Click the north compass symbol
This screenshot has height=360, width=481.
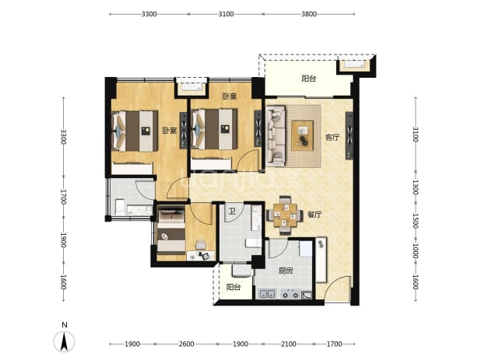tap(64, 337)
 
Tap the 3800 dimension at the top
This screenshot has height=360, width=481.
tap(308, 14)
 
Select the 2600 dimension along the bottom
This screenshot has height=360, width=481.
tap(186, 344)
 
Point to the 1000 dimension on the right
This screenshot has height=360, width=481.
tap(415, 250)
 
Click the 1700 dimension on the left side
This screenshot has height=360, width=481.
tap(63, 197)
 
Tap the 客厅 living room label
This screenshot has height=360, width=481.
tap(332, 138)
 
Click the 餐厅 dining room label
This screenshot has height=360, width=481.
tap(315, 215)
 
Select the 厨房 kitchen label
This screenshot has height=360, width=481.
tap(286, 271)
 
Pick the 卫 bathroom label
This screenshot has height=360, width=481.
tap(232, 211)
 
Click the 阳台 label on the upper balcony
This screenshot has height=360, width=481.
tap(308, 79)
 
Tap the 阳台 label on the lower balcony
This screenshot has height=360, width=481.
tap(233, 287)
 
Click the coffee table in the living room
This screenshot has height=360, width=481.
tap(303, 135)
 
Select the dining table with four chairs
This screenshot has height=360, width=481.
tap(286, 215)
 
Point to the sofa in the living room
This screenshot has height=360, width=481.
tap(276, 136)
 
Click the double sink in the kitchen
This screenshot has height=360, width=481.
tap(268, 294)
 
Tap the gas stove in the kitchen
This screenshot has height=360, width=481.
tap(290, 294)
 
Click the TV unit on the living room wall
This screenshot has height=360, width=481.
tap(349, 136)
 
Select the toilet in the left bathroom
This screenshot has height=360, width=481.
tap(119, 207)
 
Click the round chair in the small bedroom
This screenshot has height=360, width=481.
tap(201, 245)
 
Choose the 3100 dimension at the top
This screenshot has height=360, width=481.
tap(226, 14)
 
